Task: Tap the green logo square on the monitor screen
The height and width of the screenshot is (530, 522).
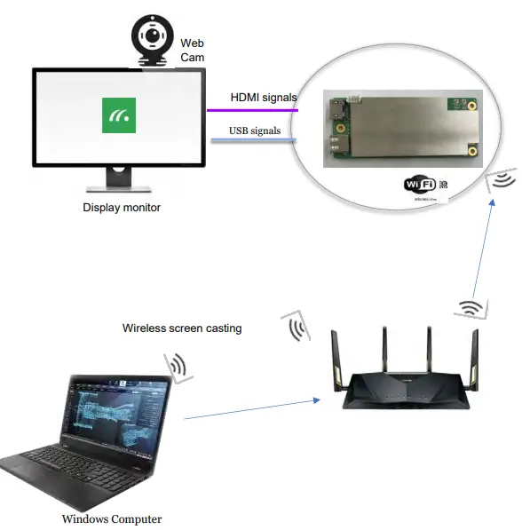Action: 119,115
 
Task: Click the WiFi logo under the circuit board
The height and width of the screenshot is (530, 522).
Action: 422,184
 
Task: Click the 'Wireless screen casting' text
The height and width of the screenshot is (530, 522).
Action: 181,328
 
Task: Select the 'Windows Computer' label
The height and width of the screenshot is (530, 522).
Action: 111,518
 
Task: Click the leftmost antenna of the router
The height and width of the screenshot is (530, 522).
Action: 337,360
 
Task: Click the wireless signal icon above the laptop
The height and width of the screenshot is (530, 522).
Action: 177,367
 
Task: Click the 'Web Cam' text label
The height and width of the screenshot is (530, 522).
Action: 192,49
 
